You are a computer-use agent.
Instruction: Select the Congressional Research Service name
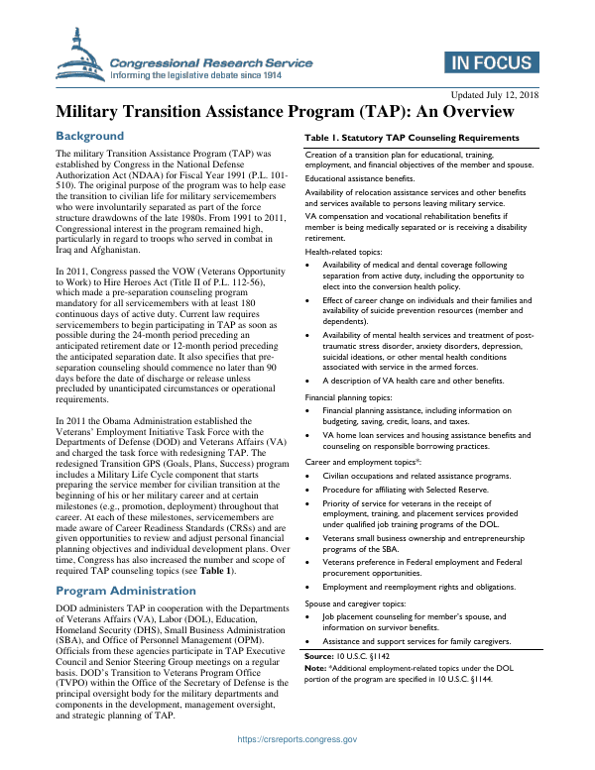click(x=211, y=62)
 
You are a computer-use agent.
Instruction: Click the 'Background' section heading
click(x=90, y=136)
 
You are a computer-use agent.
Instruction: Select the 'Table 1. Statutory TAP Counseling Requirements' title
click(x=412, y=138)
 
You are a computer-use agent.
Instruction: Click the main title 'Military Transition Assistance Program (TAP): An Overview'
click(x=297, y=113)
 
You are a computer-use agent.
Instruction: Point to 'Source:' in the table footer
click(x=319, y=657)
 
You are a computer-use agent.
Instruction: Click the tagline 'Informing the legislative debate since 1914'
click(x=211, y=74)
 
